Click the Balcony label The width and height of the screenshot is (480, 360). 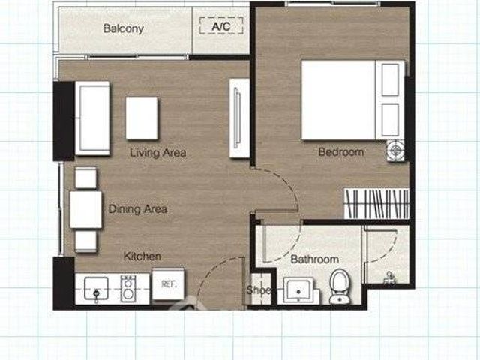(x=123, y=28)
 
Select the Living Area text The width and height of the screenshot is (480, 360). (x=158, y=153)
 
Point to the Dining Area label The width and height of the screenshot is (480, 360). (x=138, y=209)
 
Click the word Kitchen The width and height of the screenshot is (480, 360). (x=142, y=256)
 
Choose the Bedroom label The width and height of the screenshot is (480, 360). (x=341, y=152)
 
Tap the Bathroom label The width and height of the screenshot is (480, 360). (x=315, y=259)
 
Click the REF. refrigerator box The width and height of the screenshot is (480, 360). (x=168, y=284)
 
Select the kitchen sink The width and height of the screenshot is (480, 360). (x=96, y=289)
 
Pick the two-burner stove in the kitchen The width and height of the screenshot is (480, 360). (x=128, y=289)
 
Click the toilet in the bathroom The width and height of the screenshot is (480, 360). (x=339, y=286)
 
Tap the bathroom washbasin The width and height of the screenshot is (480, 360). (x=299, y=290)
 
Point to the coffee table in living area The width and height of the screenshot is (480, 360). (x=142, y=118)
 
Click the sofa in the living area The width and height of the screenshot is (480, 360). (x=92, y=118)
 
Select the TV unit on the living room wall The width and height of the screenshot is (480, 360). (x=239, y=118)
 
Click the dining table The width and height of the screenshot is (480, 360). (x=85, y=210)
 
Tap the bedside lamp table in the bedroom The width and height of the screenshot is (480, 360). (x=395, y=151)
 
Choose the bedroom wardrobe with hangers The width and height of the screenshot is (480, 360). (x=376, y=203)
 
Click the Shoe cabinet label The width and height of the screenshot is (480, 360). (x=259, y=290)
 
